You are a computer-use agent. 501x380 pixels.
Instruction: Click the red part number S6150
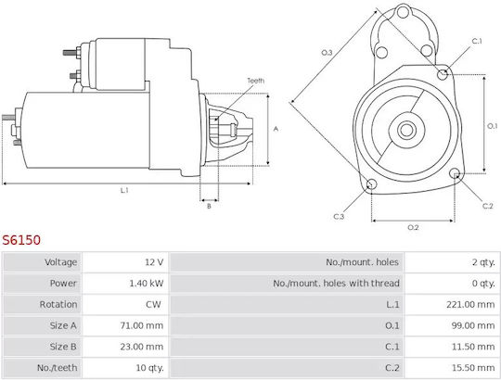click(21, 240)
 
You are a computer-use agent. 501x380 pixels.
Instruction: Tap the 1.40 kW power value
click(147, 284)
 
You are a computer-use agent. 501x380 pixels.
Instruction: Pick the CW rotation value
click(153, 304)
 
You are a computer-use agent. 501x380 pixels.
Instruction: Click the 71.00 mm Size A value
click(142, 325)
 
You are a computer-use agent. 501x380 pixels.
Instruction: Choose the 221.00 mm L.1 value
click(470, 304)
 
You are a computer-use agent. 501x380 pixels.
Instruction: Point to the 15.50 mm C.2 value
click(473, 368)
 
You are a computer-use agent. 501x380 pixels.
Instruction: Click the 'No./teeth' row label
click(57, 368)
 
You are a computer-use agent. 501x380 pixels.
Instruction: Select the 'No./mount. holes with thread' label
click(336, 284)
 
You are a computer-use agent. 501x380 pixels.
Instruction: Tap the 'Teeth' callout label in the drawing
click(256, 81)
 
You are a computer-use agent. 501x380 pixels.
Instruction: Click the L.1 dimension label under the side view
click(124, 191)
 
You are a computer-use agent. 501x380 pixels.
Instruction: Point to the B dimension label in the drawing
click(209, 207)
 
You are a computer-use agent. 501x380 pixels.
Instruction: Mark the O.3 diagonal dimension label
click(327, 53)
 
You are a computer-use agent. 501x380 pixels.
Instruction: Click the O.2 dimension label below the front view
click(413, 227)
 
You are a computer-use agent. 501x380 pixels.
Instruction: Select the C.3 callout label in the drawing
click(339, 217)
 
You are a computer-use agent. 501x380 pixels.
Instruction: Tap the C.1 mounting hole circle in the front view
click(443, 75)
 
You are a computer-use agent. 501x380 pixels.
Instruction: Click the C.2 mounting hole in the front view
click(455, 174)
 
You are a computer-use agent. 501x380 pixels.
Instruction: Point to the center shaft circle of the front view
click(406, 130)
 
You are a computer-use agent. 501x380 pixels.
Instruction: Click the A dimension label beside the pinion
click(276, 129)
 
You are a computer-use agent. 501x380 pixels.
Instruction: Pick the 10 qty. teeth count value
click(149, 368)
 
